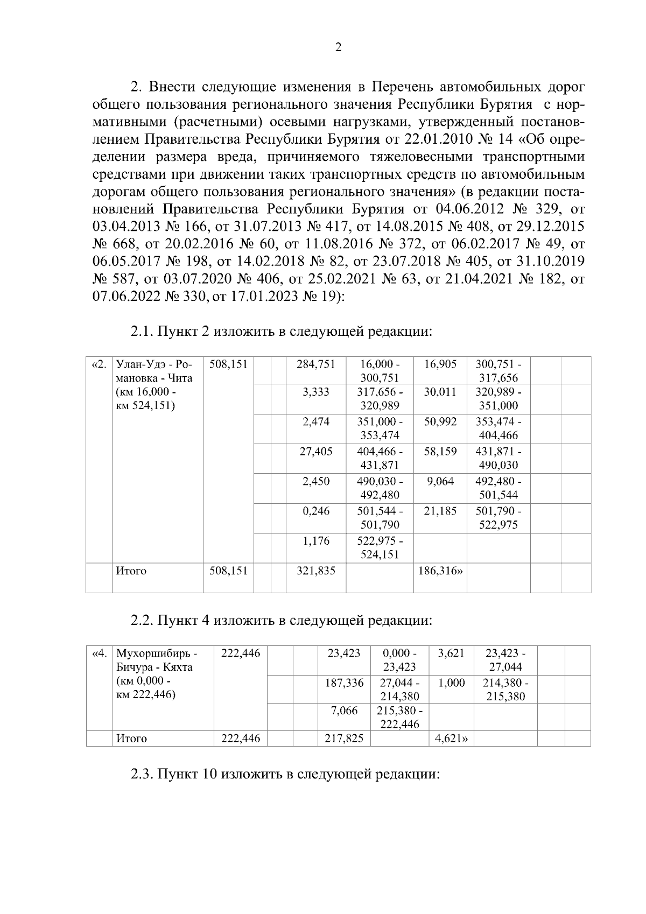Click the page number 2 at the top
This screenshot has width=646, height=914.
coord(338,47)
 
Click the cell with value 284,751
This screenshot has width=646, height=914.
coord(315,364)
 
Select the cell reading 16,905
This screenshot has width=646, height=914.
coord(440,364)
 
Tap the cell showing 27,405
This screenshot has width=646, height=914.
coord(315,452)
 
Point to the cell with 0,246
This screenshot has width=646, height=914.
coord(315,511)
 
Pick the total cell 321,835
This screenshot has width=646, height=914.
coord(315,571)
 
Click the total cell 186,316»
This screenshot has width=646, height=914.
coord(440,571)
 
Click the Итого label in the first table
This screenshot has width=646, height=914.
coord(131,571)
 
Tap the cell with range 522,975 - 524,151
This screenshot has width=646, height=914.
coord(380,547)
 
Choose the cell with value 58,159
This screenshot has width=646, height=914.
coord(440,452)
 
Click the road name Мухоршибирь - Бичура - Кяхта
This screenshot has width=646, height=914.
coord(157,674)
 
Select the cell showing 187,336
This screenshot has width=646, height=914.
coord(345,683)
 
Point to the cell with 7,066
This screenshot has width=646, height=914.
coord(345,711)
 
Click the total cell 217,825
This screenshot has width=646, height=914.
coord(345,739)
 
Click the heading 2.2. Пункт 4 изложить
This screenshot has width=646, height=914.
coord(282,620)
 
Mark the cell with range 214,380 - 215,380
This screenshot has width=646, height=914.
coord(505,690)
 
